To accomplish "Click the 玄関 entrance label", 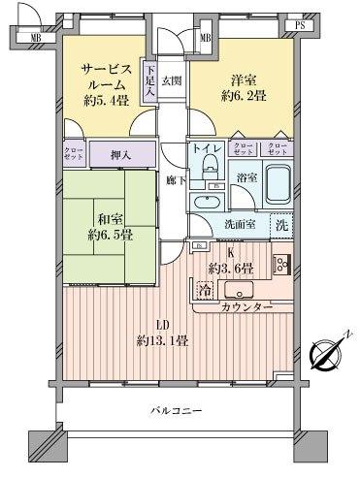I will (172, 80).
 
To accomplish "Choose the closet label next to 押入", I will (74, 152).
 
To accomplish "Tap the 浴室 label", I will (246, 177).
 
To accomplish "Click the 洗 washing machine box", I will (280, 222).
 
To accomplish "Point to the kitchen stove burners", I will (282, 264).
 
